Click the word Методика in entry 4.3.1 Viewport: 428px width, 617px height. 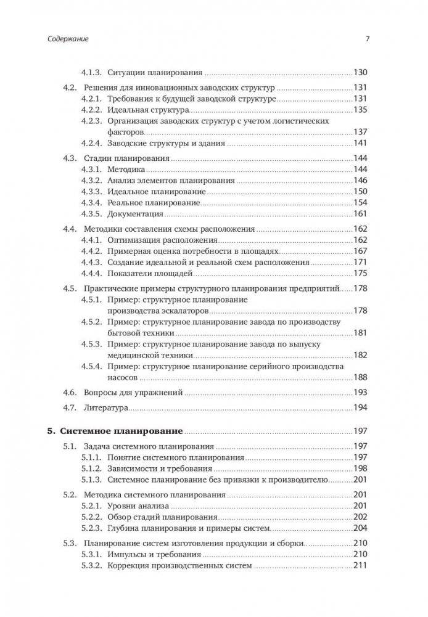tap(126, 169)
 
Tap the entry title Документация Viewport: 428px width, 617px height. tap(135, 214)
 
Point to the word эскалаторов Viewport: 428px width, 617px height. tap(184, 310)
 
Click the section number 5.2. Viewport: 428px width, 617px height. tap(72, 494)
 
